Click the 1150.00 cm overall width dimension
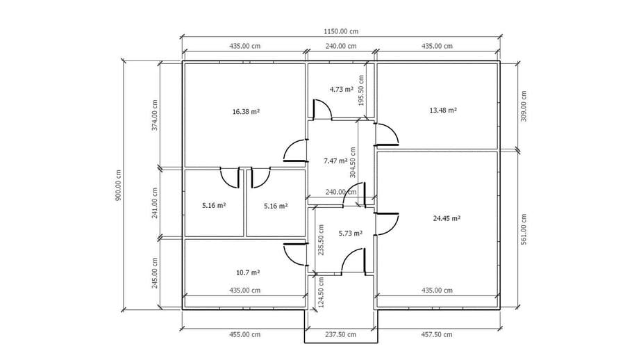(341, 31)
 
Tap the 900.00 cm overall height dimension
(118, 185)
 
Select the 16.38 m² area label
(246, 111)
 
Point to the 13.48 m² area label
(443, 111)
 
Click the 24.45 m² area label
(447, 218)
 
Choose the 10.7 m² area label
(248, 272)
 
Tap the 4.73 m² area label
(341, 90)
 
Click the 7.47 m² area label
(335, 161)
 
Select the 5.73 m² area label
(351, 233)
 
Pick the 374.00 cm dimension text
(155, 115)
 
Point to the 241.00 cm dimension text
(155, 203)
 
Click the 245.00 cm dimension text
(155, 272)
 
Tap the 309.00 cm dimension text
(524, 106)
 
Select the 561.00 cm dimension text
(524, 229)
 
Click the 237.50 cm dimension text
(341, 334)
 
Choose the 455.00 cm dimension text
(244, 334)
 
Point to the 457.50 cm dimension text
(437, 334)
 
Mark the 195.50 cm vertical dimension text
(362, 90)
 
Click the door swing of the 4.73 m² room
(322, 109)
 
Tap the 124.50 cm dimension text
(322, 293)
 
